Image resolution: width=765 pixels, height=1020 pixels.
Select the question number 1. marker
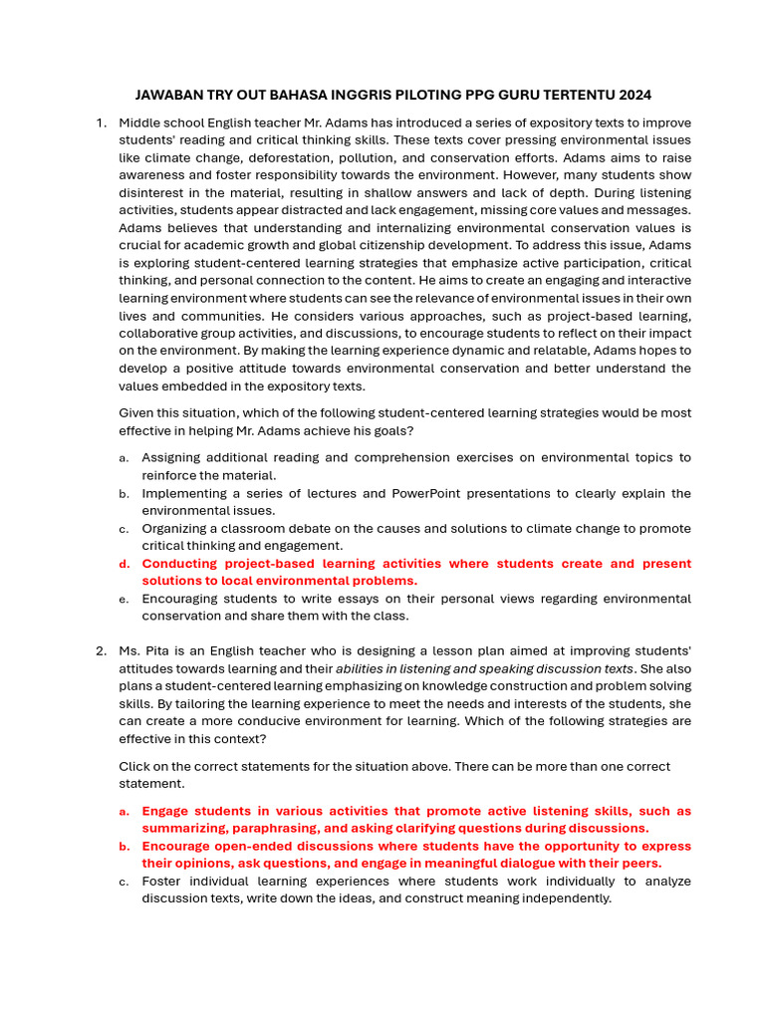point(101,123)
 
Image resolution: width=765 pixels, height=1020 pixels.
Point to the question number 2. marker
point(101,651)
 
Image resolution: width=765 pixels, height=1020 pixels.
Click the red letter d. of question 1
point(124,564)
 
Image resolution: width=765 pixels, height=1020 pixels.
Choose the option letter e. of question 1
point(124,600)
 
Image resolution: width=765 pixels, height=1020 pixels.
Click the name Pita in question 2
point(161,651)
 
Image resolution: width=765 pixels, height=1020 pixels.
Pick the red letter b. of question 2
point(124,847)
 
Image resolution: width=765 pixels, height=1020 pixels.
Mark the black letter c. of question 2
point(124,882)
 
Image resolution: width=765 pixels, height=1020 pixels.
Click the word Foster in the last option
point(162,882)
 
